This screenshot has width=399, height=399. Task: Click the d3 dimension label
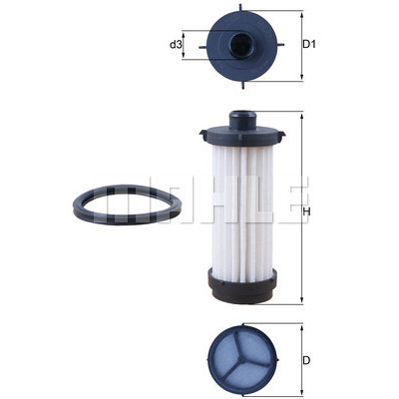[x=176, y=44]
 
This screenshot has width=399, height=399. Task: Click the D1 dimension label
[x=309, y=44]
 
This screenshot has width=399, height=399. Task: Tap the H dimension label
[x=306, y=211]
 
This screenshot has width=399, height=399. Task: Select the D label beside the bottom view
[x=306, y=360]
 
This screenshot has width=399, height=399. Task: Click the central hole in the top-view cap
[x=241, y=45]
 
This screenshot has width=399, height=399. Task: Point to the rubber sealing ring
[x=128, y=204]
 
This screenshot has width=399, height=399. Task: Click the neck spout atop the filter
[x=242, y=120]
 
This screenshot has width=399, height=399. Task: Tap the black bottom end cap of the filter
[x=242, y=286]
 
